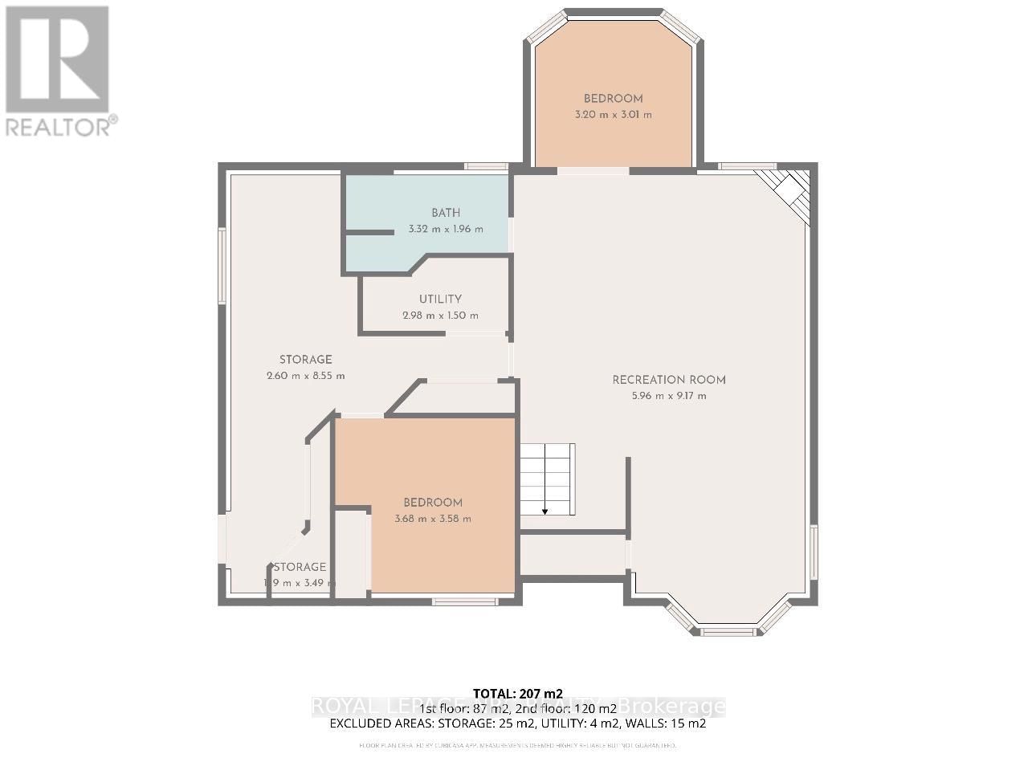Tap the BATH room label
pos(446,213)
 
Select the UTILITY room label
pos(440,300)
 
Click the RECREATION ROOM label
pos(669,380)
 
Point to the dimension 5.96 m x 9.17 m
pos(669,396)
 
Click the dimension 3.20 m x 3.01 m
pos(613,115)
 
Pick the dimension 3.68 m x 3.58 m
pos(433,519)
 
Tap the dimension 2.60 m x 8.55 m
pos(306,376)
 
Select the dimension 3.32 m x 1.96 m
pos(446,229)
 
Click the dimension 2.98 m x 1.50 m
pos(440,316)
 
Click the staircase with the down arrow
pos(547,479)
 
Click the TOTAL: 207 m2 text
pos(518,693)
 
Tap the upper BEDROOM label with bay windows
pos(613,99)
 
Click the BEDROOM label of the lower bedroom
pos(433,503)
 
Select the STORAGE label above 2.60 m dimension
pos(306,360)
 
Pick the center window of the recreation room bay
pos(728,632)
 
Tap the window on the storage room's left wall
pos(222,265)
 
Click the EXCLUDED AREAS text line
pos(518,723)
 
